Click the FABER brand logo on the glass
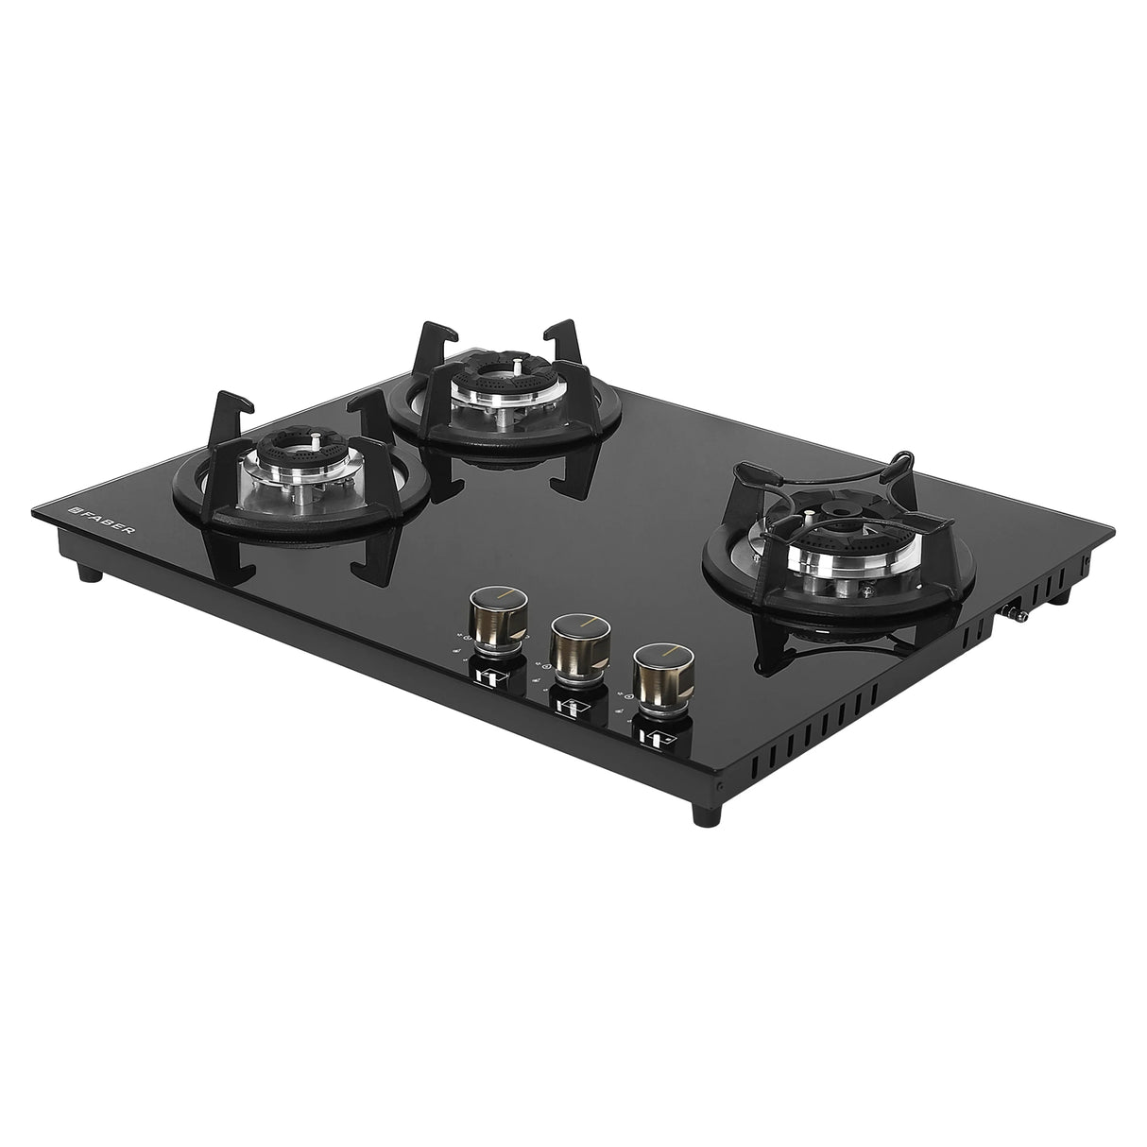[99, 519]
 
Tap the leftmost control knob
[490, 615]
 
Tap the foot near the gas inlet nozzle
[1061, 595]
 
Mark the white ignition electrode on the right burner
[866, 593]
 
